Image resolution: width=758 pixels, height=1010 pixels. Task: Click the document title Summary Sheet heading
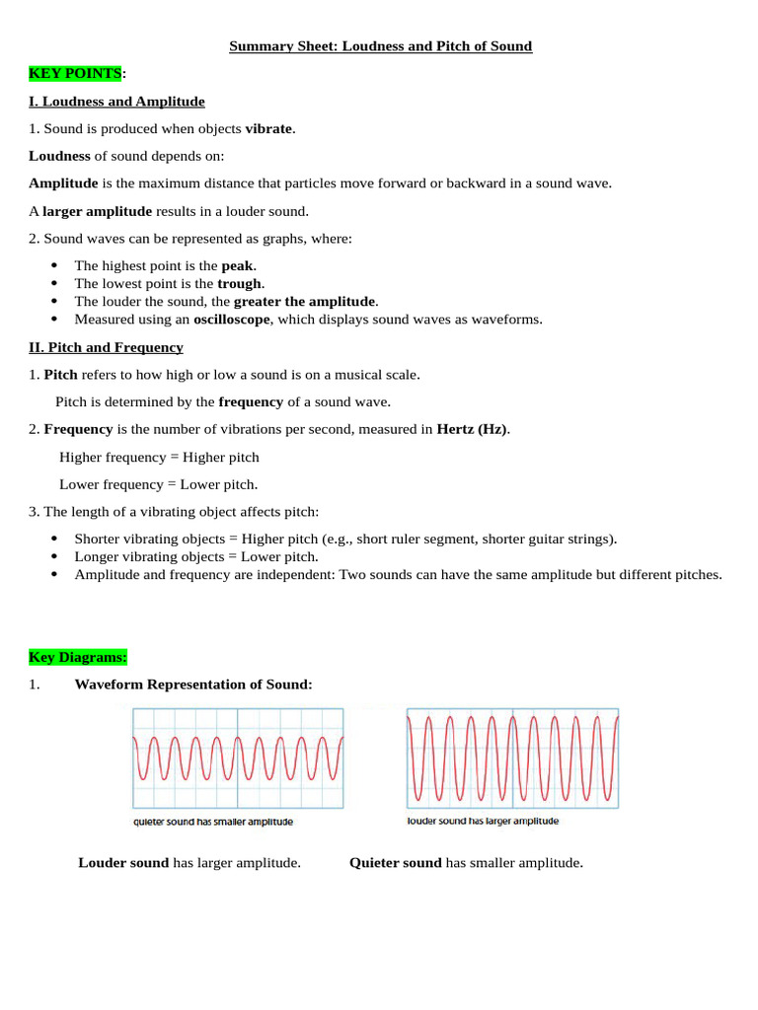coord(380,46)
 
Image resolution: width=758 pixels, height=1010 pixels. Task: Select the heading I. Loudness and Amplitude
coord(116,102)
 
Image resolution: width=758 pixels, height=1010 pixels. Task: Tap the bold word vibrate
coord(268,128)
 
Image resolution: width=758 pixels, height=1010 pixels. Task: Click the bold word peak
coord(237,265)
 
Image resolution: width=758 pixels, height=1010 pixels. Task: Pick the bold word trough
coord(240,283)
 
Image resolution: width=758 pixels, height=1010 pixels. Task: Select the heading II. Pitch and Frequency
coord(106,347)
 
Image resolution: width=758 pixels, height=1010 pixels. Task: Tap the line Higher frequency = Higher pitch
coord(159,457)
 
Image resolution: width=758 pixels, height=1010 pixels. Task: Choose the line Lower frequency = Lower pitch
coord(158,484)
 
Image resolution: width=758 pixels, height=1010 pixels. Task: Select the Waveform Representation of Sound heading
coord(193,685)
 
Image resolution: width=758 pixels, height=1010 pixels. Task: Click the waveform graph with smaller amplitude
coord(238,758)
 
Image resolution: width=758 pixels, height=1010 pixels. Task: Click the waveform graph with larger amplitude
coord(512,757)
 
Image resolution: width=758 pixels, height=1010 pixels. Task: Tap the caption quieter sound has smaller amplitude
coord(213,822)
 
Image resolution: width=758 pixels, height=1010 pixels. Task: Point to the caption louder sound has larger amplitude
coord(483,821)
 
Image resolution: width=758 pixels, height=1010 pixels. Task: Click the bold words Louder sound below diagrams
coord(123,863)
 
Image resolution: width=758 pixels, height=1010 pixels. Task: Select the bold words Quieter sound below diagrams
coord(395,863)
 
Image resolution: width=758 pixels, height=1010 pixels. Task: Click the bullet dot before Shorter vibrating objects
coord(53,539)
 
